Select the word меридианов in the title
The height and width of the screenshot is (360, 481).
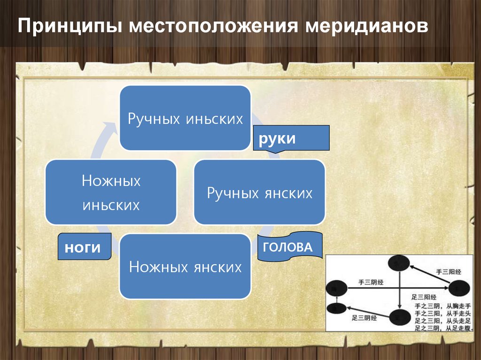click(x=367, y=26)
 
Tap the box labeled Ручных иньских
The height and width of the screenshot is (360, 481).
click(x=185, y=118)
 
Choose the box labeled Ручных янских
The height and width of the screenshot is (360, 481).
click(x=259, y=192)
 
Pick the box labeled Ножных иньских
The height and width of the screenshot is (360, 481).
click(x=111, y=192)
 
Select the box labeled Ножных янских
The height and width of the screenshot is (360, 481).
click(x=185, y=267)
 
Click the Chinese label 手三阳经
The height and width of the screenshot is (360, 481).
click(x=449, y=271)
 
